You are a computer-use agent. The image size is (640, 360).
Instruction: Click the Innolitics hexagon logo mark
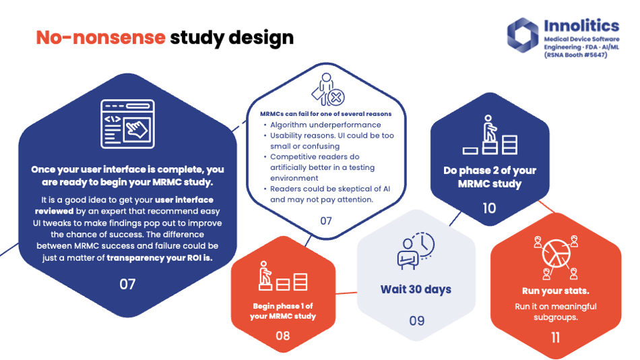(x=523, y=35)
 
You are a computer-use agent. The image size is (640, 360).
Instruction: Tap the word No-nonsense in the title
(x=100, y=38)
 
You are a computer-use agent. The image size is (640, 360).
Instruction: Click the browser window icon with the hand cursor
(x=127, y=124)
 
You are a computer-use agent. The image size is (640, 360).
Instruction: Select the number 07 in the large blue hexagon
(x=127, y=284)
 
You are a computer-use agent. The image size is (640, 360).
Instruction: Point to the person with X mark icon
(x=328, y=90)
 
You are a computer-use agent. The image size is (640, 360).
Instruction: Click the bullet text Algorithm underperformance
(x=325, y=125)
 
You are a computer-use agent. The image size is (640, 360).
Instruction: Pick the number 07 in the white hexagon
(x=325, y=221)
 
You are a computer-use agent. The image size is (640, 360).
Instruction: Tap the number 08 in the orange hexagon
(x=282, y=336)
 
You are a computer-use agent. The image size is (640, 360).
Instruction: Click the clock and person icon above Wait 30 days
(x=416, y=251)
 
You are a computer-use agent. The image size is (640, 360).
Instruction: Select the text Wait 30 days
(x=416, y=289)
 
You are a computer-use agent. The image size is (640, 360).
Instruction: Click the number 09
(x=417, y=321)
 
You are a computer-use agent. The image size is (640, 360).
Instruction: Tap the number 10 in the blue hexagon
(x=489, y=208)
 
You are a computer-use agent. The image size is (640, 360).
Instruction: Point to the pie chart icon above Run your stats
(x=556, y=257)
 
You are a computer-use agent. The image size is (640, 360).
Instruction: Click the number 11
(x=555, y=338)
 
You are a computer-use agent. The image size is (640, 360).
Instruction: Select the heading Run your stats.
(x=556, y=291)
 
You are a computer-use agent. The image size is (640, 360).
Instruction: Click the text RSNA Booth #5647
(x=575, y=55)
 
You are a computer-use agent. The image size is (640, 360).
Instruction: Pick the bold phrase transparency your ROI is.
(x=160, y=258)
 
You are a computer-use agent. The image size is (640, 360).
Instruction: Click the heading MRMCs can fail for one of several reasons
(x=325, y=114)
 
